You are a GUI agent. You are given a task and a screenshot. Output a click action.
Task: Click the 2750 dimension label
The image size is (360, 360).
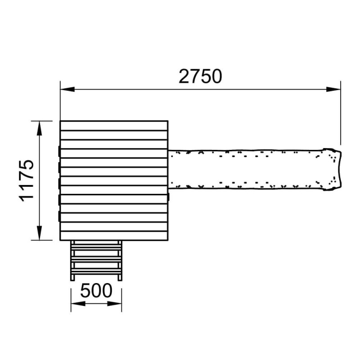point(200,76)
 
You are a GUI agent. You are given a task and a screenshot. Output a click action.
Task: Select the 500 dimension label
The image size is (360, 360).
point(96,291)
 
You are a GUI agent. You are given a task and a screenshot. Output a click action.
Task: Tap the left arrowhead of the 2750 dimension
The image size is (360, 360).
point(67,89)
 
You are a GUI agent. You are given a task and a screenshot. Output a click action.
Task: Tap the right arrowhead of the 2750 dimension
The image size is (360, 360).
point(333,89)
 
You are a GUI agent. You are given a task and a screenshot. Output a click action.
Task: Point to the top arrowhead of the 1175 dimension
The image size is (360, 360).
point(40,128)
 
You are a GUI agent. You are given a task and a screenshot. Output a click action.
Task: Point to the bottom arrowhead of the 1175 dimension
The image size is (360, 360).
point(40,233)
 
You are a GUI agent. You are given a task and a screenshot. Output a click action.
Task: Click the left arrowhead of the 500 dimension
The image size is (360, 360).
point(78,304)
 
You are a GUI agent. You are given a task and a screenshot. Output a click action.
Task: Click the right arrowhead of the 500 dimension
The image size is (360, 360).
point(114,304)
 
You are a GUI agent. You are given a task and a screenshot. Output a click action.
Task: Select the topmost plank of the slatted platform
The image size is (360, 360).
point(114,126)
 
